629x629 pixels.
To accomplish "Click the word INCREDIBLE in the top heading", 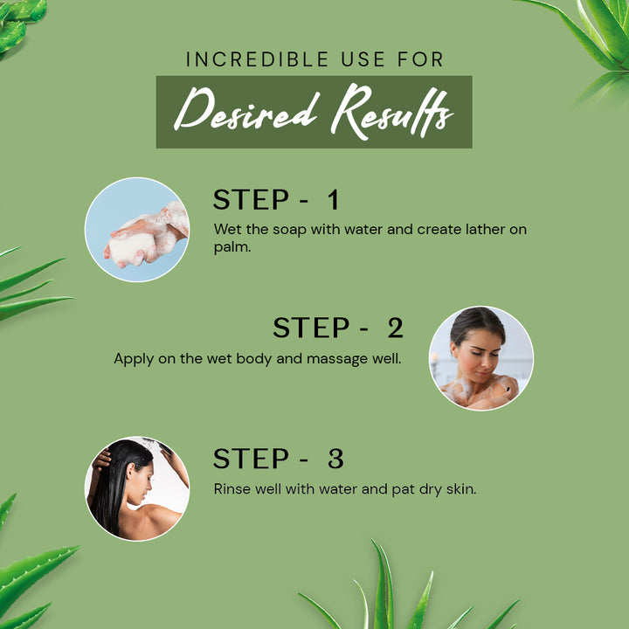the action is pyautogui.click(x=257, y=59).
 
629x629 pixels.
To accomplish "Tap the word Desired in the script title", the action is pyautogui.click(x=246, y=108).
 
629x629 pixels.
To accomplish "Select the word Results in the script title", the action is pyautogui.click(x=392, y=112).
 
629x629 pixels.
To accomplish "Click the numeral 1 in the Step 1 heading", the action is pyautogui.click(x=334, y=199).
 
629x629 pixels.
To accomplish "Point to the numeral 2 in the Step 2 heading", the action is pyautogui.click(x=395, y=328).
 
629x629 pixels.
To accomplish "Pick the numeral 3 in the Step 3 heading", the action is pyautogui.click(x=335, y=459).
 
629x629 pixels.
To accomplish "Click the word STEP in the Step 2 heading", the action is pyautogui.click(x=311, y=328).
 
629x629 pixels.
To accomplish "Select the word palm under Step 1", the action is pyautogui.click(x=232, y=247).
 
